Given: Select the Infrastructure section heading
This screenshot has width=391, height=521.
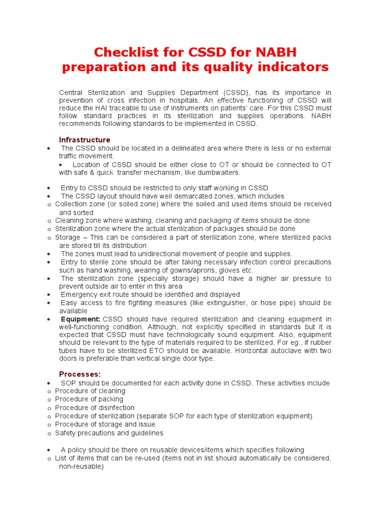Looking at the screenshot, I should [x=85, y=140].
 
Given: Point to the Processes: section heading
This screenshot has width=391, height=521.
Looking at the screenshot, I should [x=80, y=374].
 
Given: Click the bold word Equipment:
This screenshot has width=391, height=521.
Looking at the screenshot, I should [x=80, y=319].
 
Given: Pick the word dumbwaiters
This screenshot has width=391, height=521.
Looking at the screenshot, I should [x=217, y=173].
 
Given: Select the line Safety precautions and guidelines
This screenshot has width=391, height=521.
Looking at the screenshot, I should [x=109, y=433].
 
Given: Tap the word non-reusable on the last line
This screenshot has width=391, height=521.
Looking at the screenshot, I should [x=81, y=467].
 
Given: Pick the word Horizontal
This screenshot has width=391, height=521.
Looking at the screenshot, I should [x=235, y=351].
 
